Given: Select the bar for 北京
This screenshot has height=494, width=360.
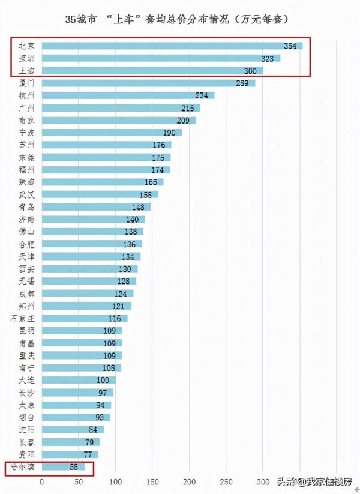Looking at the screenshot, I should [172, 46].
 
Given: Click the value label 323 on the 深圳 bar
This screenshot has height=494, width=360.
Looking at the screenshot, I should [268, 58].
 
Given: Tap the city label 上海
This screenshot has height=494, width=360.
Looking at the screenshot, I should [26, 71].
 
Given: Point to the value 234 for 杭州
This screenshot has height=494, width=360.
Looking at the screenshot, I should [202, 95].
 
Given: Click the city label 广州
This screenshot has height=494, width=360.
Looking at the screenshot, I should [26, 108].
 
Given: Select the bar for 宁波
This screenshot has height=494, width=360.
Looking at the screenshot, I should [112, 133].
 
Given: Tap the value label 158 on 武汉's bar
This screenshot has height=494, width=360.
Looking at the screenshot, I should [146, 194].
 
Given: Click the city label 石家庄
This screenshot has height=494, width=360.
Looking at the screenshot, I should [23, 318].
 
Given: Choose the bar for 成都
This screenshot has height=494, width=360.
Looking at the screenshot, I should [88, 294].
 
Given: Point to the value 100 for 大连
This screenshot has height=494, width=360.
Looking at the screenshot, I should [104, 380].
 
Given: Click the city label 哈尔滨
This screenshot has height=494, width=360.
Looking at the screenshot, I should [23, 466].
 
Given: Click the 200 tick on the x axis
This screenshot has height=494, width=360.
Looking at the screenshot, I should [190, 481].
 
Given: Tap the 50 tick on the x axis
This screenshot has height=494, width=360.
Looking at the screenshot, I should [79, 481].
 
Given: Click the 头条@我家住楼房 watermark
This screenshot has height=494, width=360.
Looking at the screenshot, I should [313, 481].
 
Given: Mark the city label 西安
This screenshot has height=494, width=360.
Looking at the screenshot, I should [26, 269].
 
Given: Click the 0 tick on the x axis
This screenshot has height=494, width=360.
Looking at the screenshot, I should [42, 481].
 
